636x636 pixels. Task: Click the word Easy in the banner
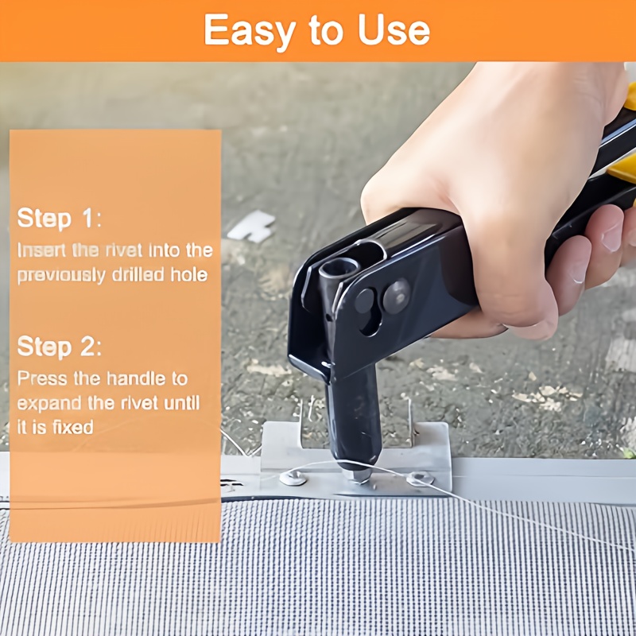pos(250,31)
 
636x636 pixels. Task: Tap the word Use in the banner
pos(394,29)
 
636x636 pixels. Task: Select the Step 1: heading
pos(59,218)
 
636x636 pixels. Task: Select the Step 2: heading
pos(59,347)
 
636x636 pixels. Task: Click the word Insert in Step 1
pos(41,250)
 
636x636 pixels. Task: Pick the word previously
pos(61,275)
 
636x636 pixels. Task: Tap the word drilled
pos(138,274)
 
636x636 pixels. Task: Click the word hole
pos(189,274)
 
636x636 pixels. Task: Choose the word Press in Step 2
pos(42,378)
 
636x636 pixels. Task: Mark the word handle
pos(136,378)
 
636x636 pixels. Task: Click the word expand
pos(49,404)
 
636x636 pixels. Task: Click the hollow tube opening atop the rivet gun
pos(339,267)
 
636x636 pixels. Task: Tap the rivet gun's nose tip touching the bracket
pos(356,475)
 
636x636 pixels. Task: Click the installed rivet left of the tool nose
pos(293,478)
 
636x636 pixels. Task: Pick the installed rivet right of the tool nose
pos(421,479)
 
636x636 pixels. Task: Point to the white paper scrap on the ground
pos(251,227)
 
